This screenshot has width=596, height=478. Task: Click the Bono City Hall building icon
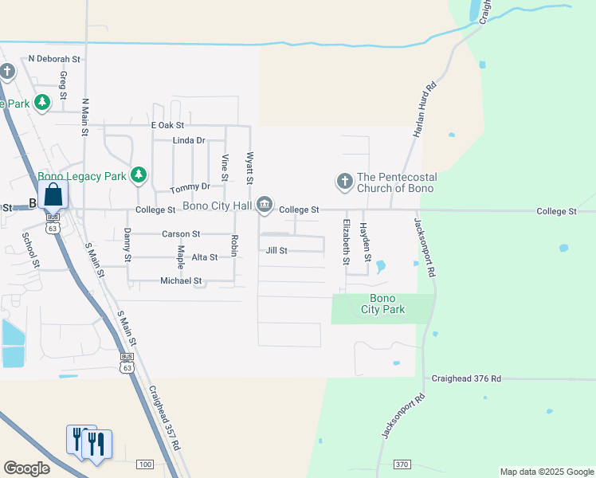265,206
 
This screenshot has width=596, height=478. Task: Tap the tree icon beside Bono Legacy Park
139,174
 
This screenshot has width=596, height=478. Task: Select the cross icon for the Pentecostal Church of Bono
344,182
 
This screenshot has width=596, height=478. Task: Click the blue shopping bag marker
53,195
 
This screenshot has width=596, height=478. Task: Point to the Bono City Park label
383,304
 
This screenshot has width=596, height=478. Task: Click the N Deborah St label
55,59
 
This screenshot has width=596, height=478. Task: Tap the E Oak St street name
167,126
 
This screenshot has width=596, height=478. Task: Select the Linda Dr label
189,140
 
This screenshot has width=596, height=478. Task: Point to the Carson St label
181,234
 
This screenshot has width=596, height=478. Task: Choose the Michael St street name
181,280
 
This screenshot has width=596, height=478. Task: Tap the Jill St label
276,250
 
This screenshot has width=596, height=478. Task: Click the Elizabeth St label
346,242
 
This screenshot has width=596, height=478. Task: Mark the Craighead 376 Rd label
467,379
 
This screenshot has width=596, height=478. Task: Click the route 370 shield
402,464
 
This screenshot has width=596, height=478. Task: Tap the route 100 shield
144,464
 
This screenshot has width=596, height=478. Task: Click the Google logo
26,468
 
